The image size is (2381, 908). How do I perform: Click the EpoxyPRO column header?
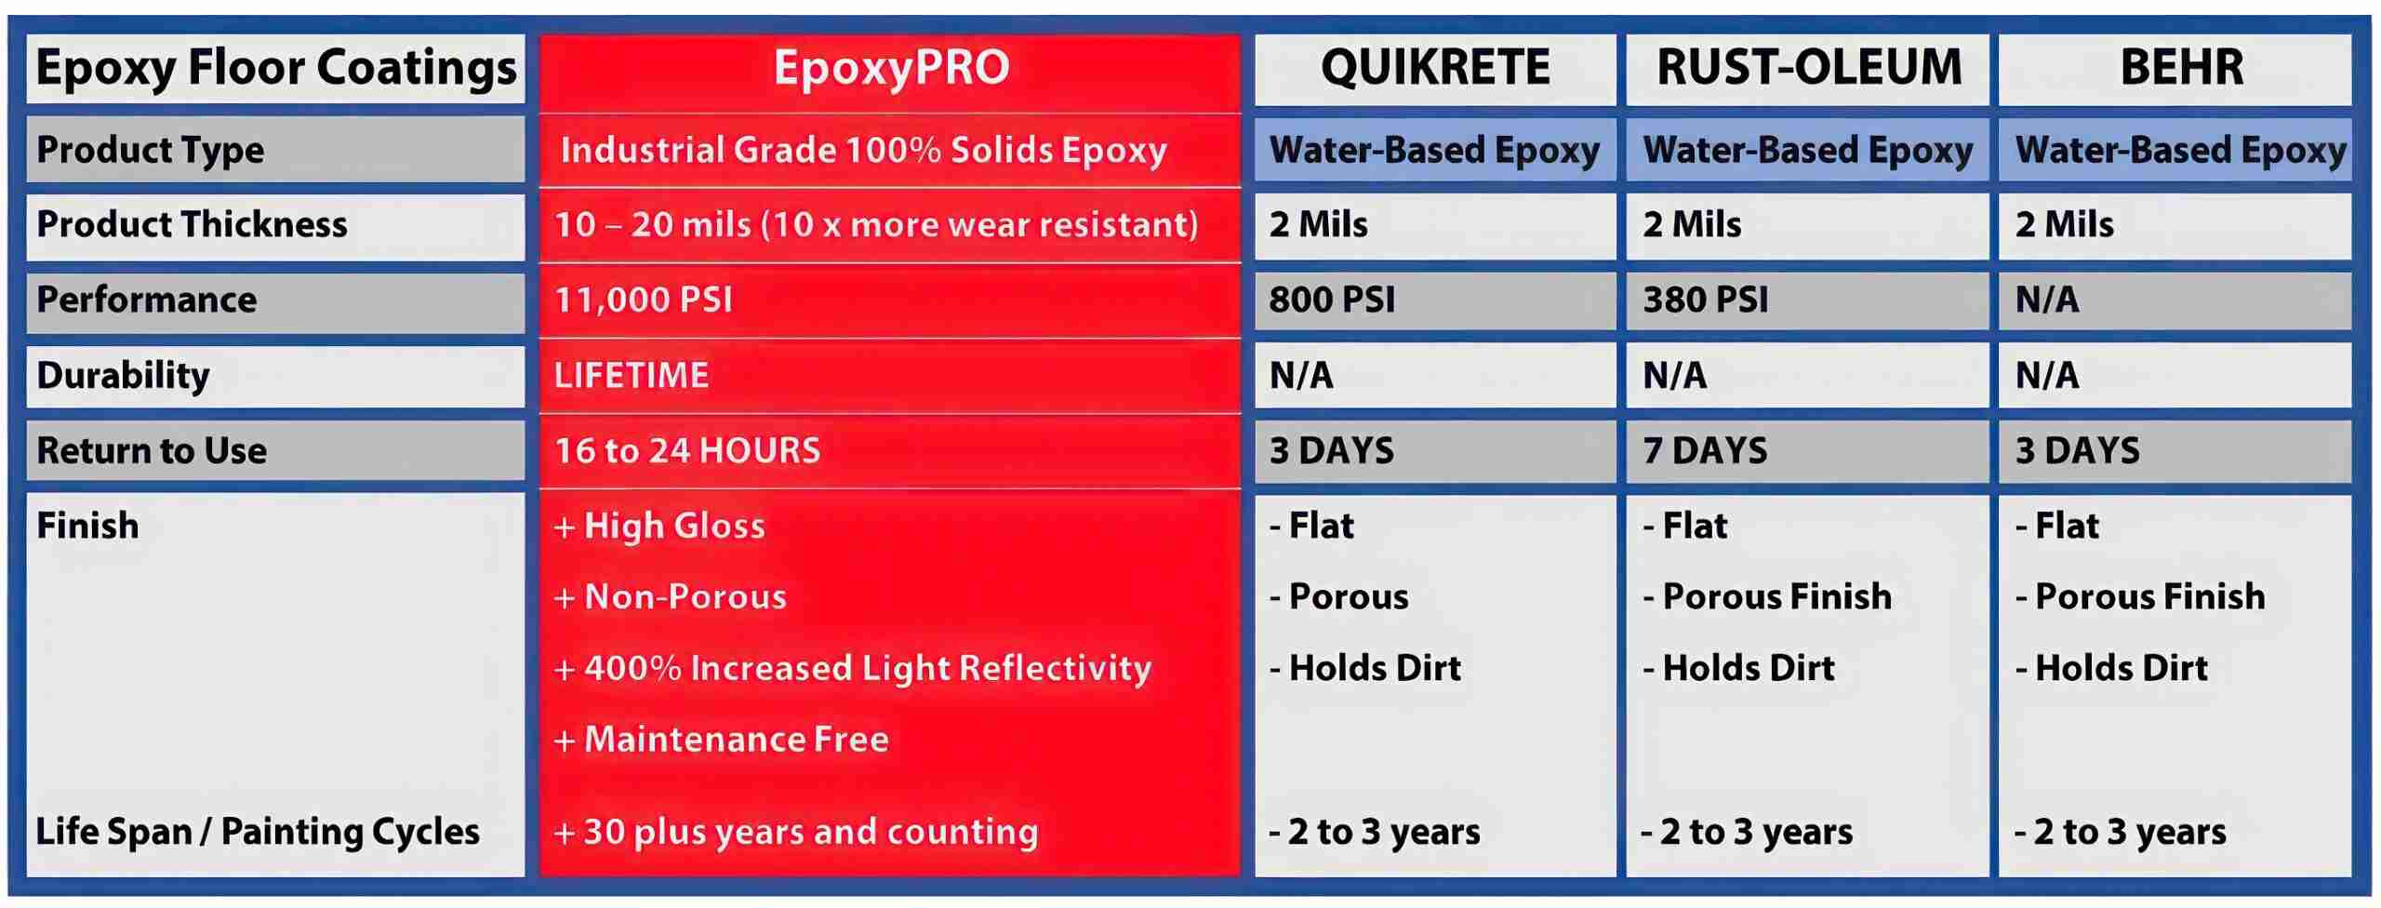pos(891,67)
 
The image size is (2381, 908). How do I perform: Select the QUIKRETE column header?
pos(1435,67)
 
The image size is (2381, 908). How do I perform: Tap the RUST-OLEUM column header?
pos(1809,67)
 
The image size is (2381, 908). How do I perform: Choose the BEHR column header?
pos(2181,67)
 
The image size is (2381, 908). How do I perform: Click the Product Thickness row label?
pos(192,224)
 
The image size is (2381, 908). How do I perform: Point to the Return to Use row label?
pos(152,450)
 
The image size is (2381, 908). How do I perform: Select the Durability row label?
pos(123,375)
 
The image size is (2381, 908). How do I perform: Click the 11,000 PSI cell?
pos(644,300)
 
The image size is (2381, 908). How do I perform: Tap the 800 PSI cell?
pos(1332,300)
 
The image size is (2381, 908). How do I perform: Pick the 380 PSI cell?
pos(1706,300)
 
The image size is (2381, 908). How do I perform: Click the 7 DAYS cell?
pos(1705,450)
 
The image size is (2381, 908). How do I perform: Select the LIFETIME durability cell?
pos(632,375)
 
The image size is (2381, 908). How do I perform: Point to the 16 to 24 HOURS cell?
pos(687,450)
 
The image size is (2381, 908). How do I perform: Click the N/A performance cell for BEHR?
pos(2046,300)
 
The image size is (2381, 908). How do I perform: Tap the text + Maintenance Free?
pos(721,739)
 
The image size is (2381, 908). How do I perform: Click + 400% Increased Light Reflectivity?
pos(852,668)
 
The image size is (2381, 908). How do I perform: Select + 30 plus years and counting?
pos(795,832)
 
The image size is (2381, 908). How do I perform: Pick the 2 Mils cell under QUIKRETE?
pos(1319,224)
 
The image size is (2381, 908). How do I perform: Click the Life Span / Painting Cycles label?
pos(258,832)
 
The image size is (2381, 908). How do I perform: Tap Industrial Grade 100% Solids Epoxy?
pos(863,151)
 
